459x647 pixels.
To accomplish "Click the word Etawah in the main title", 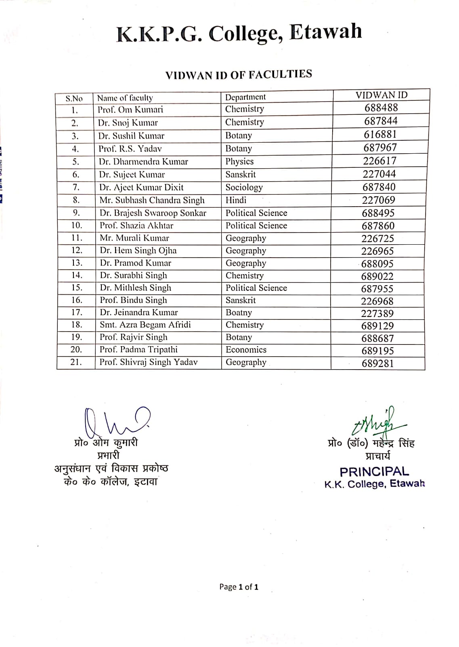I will [x=325, y=32].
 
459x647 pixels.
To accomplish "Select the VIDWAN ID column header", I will [x=381, y=95].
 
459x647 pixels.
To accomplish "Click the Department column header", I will [x=245, y=97].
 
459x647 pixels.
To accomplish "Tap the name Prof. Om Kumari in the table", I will [x=130, y=110].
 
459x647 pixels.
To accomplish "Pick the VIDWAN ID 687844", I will [x=381, y=121].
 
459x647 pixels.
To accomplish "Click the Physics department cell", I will [x=239, y=161].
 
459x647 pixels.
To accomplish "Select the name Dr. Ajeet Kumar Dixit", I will [x=141, y=187].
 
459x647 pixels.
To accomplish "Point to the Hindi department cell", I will [x=236, y=200].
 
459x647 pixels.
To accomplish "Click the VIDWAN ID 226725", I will [x=377, y=239].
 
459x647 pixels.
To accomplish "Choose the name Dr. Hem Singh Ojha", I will [x=138, y=250].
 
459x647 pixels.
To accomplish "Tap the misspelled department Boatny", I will [x=239, y=313].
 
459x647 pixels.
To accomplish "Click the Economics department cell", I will [x=246, y=350].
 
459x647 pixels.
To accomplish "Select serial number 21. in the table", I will [x=76, y=362].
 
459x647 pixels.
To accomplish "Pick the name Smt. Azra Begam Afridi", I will [x=145, y=325].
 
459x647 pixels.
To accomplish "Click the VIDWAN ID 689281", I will [x=377, y=363].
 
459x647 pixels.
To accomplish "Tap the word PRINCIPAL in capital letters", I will [x=374, y=472].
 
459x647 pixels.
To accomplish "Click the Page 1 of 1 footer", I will [x=239, y=587].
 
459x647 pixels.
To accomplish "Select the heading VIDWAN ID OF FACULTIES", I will [x=239, y=75].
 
